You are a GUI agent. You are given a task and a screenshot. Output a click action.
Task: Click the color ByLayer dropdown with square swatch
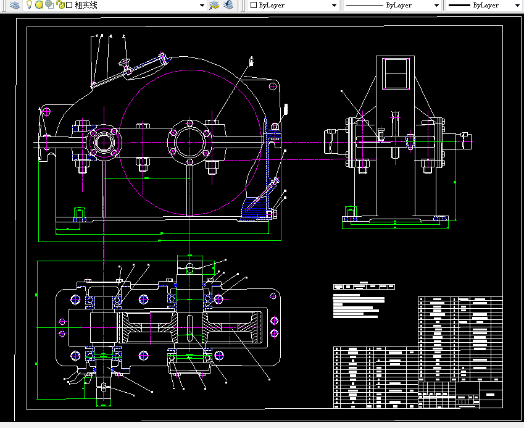point(293,5)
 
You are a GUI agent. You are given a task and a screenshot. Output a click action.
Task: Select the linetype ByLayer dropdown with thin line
point(392,5)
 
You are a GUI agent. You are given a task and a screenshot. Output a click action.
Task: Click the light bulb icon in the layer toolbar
point(28,5)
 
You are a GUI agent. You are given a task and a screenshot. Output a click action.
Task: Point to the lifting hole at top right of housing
point(272,86)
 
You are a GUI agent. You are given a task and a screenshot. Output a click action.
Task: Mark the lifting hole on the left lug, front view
point(46,111)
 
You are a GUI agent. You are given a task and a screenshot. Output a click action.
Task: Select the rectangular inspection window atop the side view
point(395,73)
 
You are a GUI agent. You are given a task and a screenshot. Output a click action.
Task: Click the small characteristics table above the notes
point(364,287)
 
